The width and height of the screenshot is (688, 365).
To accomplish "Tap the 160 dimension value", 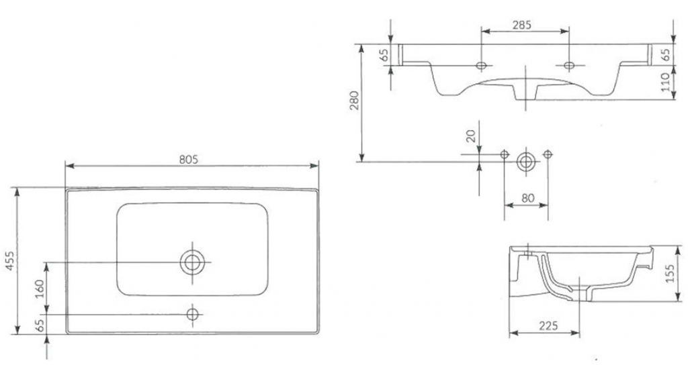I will tap(39, 287).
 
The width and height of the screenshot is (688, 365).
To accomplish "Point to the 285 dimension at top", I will tap(521, 25).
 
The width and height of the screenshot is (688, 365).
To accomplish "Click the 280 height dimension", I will tap(355, 100).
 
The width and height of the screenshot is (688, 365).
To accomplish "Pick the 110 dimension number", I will tap(666, 84).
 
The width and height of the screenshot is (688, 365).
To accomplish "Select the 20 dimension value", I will tap(472, 138).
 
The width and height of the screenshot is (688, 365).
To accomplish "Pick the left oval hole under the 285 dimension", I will tap(481, 65).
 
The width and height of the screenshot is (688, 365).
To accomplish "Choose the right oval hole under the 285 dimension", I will tap(569, 65).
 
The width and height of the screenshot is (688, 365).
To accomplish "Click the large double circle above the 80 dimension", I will tap(526, 161).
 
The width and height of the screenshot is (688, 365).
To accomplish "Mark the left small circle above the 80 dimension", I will tap(504, 154).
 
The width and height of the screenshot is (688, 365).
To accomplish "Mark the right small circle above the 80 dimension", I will tap(548, 154).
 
